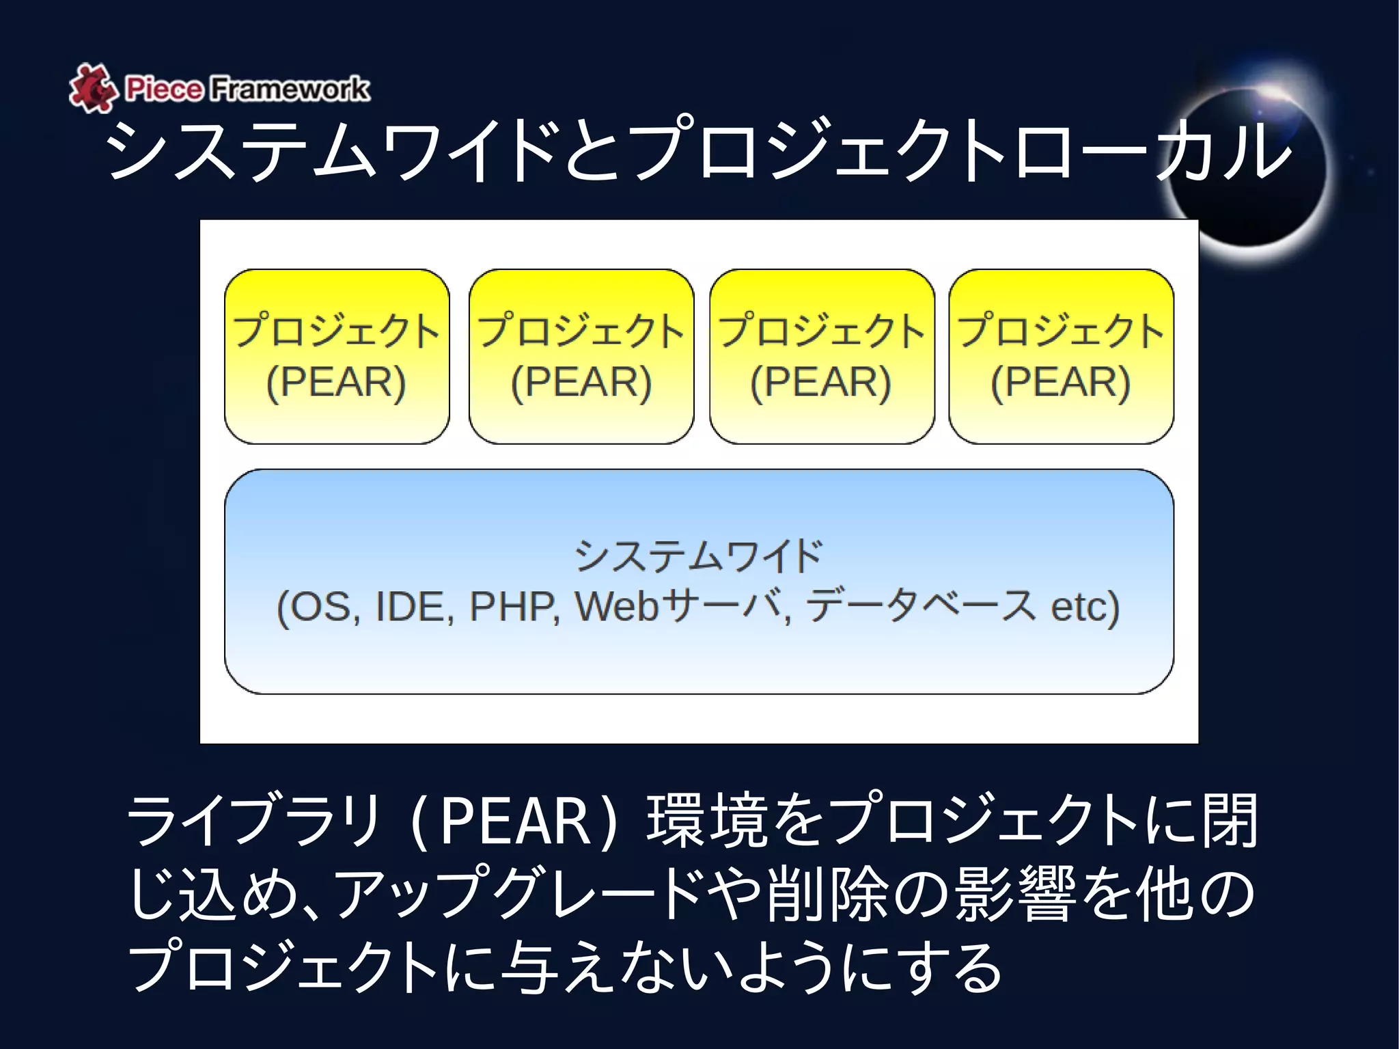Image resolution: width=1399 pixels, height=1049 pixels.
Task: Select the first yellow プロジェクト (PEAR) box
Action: [337, 356]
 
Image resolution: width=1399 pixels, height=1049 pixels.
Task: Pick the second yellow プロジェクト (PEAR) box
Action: [581, 356]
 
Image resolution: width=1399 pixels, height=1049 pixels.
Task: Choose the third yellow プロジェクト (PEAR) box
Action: [822, 356]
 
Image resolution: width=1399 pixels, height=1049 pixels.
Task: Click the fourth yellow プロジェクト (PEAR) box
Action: [1061, 356]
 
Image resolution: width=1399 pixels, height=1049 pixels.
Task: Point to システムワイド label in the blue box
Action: [699, 555]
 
